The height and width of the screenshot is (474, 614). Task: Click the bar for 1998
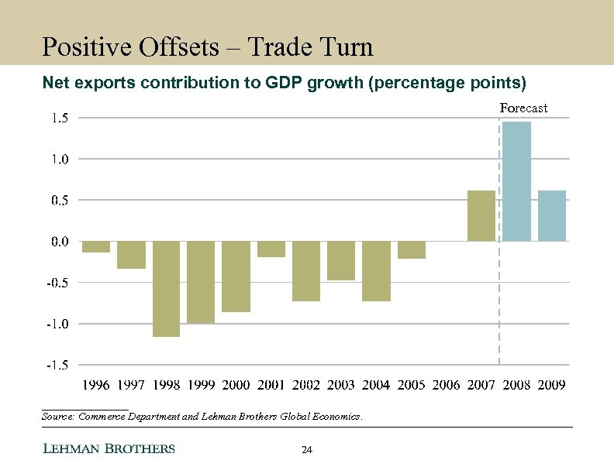[166, 288]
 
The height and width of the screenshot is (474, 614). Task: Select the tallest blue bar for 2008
[516, 181]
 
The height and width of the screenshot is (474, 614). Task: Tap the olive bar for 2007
[481, 215]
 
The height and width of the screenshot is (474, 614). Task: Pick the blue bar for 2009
[551, 215]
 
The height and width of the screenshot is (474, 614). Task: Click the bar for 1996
[96, 246]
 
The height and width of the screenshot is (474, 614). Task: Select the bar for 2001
[271, 249]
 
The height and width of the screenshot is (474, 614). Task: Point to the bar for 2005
[411, 249]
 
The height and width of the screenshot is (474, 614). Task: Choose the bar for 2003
[341, 260]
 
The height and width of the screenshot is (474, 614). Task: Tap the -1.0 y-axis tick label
[57, 324]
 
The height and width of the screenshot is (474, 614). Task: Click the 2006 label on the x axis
[446, 385]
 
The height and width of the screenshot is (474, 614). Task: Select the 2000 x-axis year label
[236, 385]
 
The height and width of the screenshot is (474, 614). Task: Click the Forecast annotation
[523, 108]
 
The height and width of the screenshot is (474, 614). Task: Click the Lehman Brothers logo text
[108, 449]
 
